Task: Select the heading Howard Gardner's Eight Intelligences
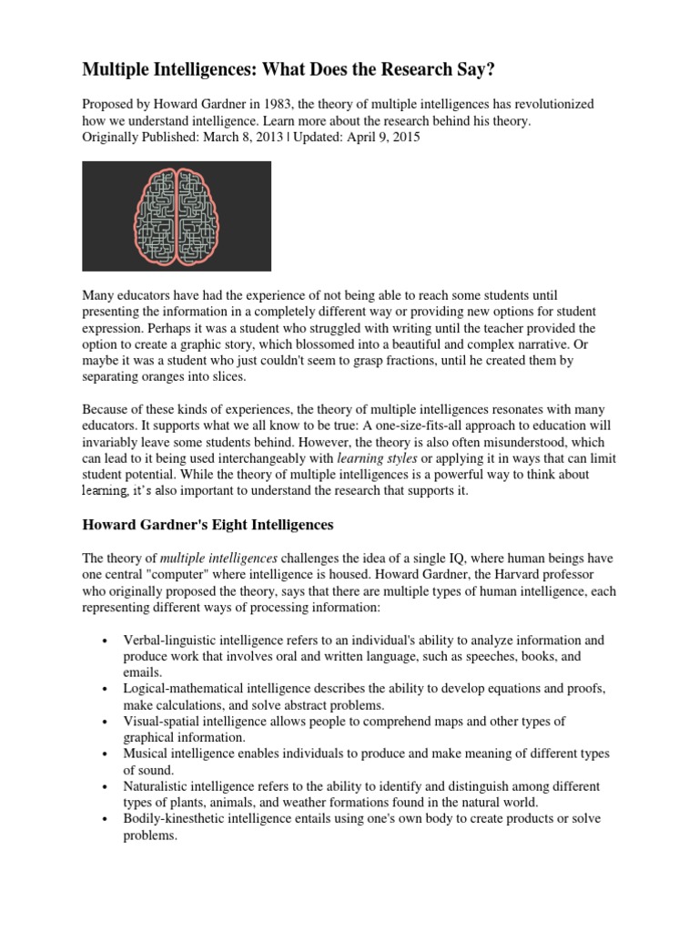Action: (208, 525)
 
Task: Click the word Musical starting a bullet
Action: (147, 754)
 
